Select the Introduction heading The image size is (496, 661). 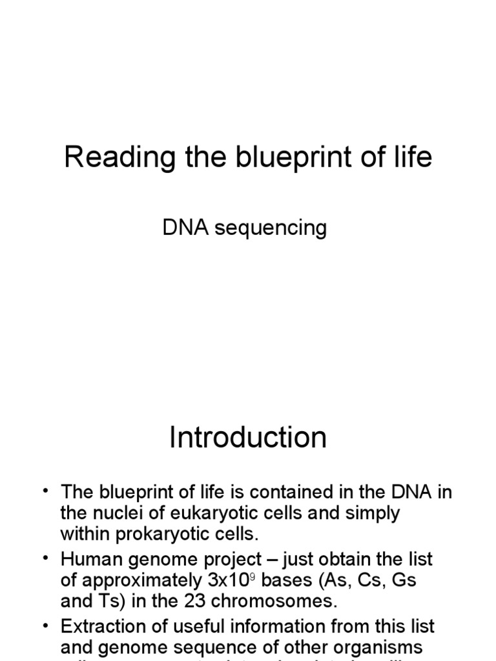coord(248,438)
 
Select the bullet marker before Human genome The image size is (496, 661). coord(46,559)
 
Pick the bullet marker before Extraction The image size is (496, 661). coord(46,626)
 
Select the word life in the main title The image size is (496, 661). coord(413,158)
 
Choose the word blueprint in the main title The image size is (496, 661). coord(277,158)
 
